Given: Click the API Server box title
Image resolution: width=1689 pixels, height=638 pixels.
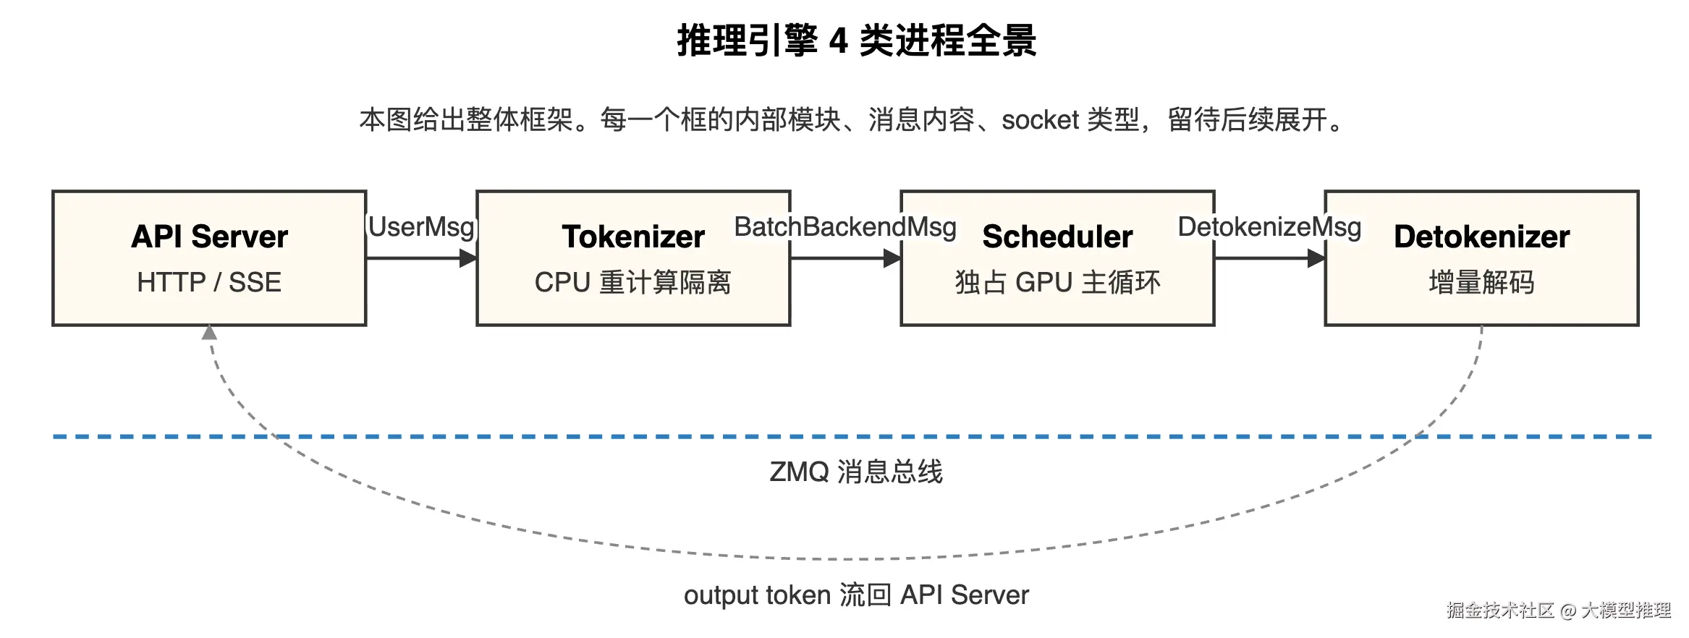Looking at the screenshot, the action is [x=209, y=237].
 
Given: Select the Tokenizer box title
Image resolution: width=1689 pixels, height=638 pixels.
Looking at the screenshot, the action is [x=633, y=237].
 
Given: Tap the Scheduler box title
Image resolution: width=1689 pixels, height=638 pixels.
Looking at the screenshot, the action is [x=1057, y=237].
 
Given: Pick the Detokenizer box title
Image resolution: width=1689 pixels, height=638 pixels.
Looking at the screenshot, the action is [x=1481, y=237].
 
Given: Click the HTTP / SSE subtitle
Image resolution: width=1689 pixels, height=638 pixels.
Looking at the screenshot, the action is [x=209, y=282].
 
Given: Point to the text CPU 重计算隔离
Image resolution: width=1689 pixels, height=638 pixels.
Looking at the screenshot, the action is [x=633, y=282].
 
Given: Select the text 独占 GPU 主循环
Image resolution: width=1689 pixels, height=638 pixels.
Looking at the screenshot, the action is [x=1057, y=282].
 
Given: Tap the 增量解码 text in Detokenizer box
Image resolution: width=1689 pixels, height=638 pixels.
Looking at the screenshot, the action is [x=1481, y=282].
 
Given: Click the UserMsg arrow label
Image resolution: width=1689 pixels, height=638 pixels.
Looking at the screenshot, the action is [x=421, y=227].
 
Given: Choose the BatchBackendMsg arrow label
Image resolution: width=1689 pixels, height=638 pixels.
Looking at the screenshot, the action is [x=845, y=227].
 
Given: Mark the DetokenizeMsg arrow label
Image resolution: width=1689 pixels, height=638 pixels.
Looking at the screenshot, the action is [x=1269, y=227].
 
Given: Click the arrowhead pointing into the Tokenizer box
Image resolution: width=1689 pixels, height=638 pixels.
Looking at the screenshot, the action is [x=468, y=258].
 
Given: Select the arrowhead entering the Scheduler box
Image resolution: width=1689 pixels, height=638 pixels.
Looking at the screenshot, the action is [x=892, y=258].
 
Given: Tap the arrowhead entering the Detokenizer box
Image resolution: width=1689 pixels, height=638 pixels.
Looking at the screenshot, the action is [x=1316, y=258].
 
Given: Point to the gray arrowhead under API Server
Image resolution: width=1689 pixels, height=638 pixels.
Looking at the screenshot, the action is [x=209, y=333].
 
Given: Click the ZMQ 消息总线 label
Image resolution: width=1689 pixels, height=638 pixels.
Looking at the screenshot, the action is [x=856, y=472].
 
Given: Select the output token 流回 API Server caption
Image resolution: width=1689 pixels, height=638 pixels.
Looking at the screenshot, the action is [x=856, y=595].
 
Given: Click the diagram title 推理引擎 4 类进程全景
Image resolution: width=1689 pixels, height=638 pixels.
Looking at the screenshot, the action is [x=857, y=41].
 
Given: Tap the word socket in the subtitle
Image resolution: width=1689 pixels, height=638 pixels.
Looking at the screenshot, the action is [x=1041, y=120].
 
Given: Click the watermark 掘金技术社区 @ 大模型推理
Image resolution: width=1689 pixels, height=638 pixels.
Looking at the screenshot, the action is [x=1559, y=611].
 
